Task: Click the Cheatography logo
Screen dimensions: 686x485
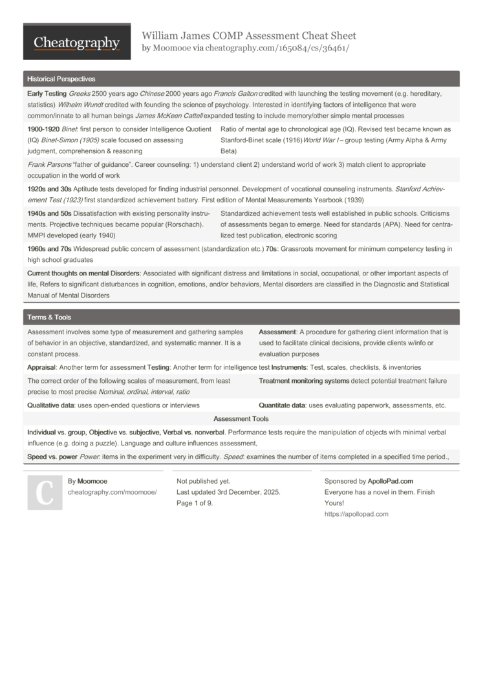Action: pyautogui.click(x=77, y=43)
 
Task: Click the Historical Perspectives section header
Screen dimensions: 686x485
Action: pyautogui.click(x=61, y=79)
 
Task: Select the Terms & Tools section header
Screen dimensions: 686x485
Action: pyautogui.click(x=49, y=317)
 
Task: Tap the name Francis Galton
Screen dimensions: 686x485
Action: pyautogui.click(x=235, y=94)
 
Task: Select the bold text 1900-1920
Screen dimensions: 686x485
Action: pyautogui.click(x=43, y=129)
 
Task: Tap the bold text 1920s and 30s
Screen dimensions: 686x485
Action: pyautogui.click(x=49, y=189)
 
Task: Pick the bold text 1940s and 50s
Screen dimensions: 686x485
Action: pyautogui.click(x=49, y=213)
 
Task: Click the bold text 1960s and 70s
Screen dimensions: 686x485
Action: pyautogui.click(x=49, y=249)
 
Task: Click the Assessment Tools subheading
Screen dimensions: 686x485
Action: pyautogui.click(x=241, y=419)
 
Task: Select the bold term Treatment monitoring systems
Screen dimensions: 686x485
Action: pyautogui.click(x=304, y=381)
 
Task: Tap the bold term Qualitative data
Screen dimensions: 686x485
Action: pyautogui.click(x=54, y=405)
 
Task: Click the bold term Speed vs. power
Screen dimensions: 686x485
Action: pyautogui.click(x=52, y=456)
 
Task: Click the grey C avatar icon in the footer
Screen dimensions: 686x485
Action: pyautogui.click(x=45, y=493)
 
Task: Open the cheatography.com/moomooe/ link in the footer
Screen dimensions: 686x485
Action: pyautogui.click(x=112, y=492)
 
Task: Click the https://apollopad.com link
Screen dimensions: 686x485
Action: pyautogui.click(x=356, y=514)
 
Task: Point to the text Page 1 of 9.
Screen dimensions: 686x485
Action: pyautogui.click(x=195, y=503)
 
